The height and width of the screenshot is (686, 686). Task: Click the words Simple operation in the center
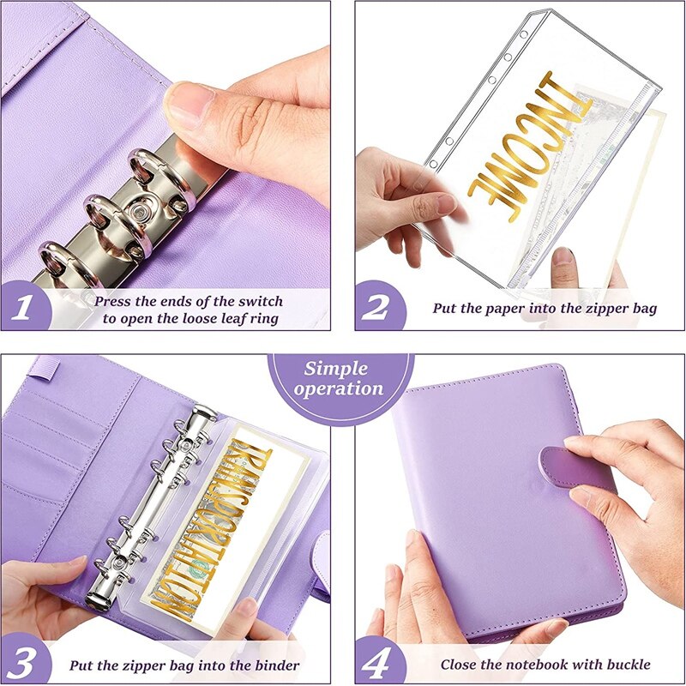click(x=338, y=378)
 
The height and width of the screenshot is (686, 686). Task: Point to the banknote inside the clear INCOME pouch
click(x=600, y=171)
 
